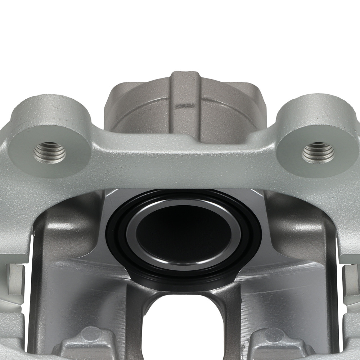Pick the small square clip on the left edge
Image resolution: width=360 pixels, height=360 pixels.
point(15,279)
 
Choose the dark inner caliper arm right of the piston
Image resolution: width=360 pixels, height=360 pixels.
point(299,234)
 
